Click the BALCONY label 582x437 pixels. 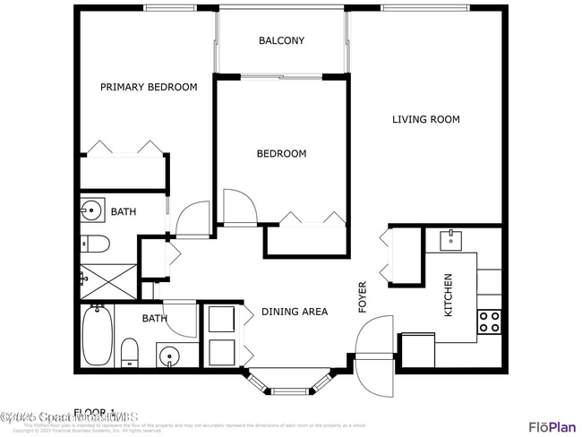coord(281,40)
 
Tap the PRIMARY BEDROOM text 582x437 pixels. coord(148,87)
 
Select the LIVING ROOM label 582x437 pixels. coord(425,119)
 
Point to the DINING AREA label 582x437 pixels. coord(294,312)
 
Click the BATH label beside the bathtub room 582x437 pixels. coord(155,318)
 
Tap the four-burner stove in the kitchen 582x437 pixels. coord(489,322)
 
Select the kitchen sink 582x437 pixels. coord(450,238)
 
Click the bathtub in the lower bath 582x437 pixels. coord(96,335)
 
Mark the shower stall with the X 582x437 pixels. coord(108,280)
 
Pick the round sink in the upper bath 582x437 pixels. coord(90,211)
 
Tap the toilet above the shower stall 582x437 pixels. coord(93,243)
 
